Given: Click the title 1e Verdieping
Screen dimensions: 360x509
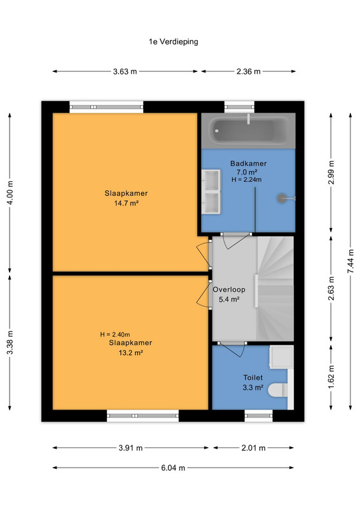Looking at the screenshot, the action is click(x=174, y=41).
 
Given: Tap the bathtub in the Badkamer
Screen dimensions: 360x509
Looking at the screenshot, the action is click(x=248, y=130).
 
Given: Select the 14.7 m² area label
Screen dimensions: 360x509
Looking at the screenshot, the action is click(x=127, y=203).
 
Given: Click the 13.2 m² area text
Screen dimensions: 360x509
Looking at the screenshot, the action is click(x=130, y=352).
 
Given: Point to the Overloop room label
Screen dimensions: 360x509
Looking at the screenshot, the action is click(x=229, y=289).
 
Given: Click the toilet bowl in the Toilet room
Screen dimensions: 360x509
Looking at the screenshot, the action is click(x=278, y=390).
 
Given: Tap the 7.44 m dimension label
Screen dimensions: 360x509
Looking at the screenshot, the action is click(x=350, y=261).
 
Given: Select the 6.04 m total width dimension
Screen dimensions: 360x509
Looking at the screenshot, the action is click(x=173, y=468).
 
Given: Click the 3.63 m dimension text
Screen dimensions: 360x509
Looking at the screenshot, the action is click(x=125, y=71).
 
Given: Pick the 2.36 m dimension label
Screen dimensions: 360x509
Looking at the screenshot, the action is click(x=248, y=71).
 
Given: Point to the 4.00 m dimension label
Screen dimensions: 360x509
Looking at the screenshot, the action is click(x=10, y=193).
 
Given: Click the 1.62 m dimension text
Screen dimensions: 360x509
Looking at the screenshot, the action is click(x=331, y=377).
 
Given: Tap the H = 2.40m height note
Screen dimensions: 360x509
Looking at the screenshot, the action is click(x=115, y=335).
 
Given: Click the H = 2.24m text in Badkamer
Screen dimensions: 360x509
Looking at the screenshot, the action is click(x=247, y=179).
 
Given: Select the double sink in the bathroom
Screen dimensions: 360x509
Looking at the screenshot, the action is click(x=211, y=192).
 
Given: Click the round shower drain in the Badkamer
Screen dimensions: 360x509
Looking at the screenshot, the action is click(x=282, y=199).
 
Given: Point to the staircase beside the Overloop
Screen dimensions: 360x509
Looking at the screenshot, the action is click(x=275, y=289).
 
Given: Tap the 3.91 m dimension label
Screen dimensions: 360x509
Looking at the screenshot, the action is click(x=130, y=448).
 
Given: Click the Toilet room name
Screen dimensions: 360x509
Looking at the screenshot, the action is click(x=253, y=377).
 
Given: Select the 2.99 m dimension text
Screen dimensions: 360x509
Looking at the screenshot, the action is click(x=331, y=172).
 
